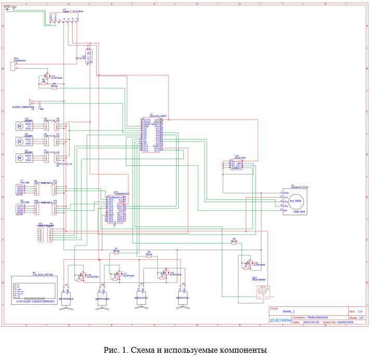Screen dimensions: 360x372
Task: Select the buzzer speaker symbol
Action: pyautogui.click(x=32, y=102)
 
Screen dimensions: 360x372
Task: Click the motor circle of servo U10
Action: pyautogui.click(x=21, y=125)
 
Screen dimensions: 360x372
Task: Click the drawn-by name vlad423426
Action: pyautogui.click(x=346, y=322)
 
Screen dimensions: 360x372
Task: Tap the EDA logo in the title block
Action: pyautogui.click(x=281, y=321)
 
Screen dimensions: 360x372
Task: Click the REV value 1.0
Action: pyautogui.click(x=360, y=311)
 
